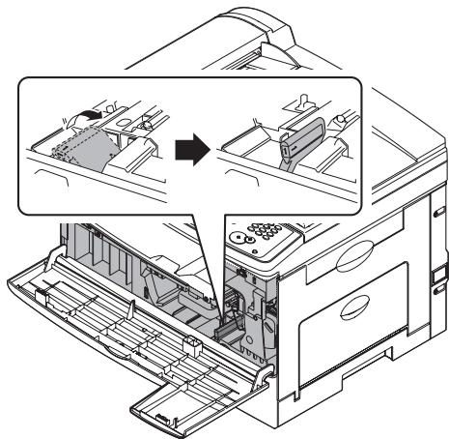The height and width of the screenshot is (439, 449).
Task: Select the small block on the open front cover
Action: [193, 341]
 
